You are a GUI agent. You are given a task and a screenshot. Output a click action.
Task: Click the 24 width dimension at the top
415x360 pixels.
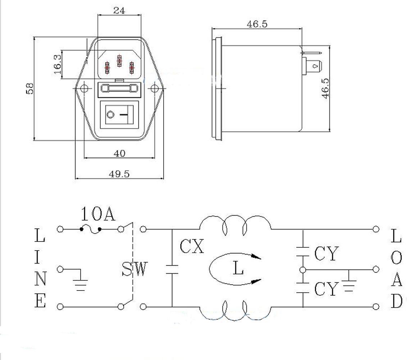coord(119,10)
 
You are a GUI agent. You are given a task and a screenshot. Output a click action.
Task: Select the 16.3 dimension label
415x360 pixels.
coord(57,64)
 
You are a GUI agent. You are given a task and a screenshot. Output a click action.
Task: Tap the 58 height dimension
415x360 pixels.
coord(29,88)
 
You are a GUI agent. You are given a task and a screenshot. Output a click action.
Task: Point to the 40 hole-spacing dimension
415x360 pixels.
coord(119,153)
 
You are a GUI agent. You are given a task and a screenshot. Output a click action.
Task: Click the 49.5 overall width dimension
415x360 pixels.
coord(119,174)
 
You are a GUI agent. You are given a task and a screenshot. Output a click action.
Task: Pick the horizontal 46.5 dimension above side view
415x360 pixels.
coord(257,24)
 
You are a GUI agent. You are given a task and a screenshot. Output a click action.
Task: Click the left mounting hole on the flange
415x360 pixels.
coord(84,89)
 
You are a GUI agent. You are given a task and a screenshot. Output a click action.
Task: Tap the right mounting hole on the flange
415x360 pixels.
coord(154,89)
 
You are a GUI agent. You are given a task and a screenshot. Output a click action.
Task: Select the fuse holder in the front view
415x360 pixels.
coord(119,88)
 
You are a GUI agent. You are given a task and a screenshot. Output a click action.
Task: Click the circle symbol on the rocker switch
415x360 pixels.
coord(110,115)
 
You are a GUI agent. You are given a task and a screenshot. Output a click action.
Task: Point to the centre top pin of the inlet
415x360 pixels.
coord(119,61)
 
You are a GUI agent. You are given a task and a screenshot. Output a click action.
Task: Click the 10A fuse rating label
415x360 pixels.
coord(98,214)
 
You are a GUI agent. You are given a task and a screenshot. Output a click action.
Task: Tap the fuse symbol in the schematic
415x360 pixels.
coord(91,229)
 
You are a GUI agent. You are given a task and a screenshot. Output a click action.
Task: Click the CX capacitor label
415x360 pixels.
coord(192,246)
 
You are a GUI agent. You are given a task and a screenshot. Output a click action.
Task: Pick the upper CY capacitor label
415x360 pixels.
coord(327,253)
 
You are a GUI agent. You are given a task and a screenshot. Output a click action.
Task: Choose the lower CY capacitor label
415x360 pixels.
coord(327,289)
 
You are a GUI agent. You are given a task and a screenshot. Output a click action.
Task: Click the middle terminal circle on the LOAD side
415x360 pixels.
coord(376,270)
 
